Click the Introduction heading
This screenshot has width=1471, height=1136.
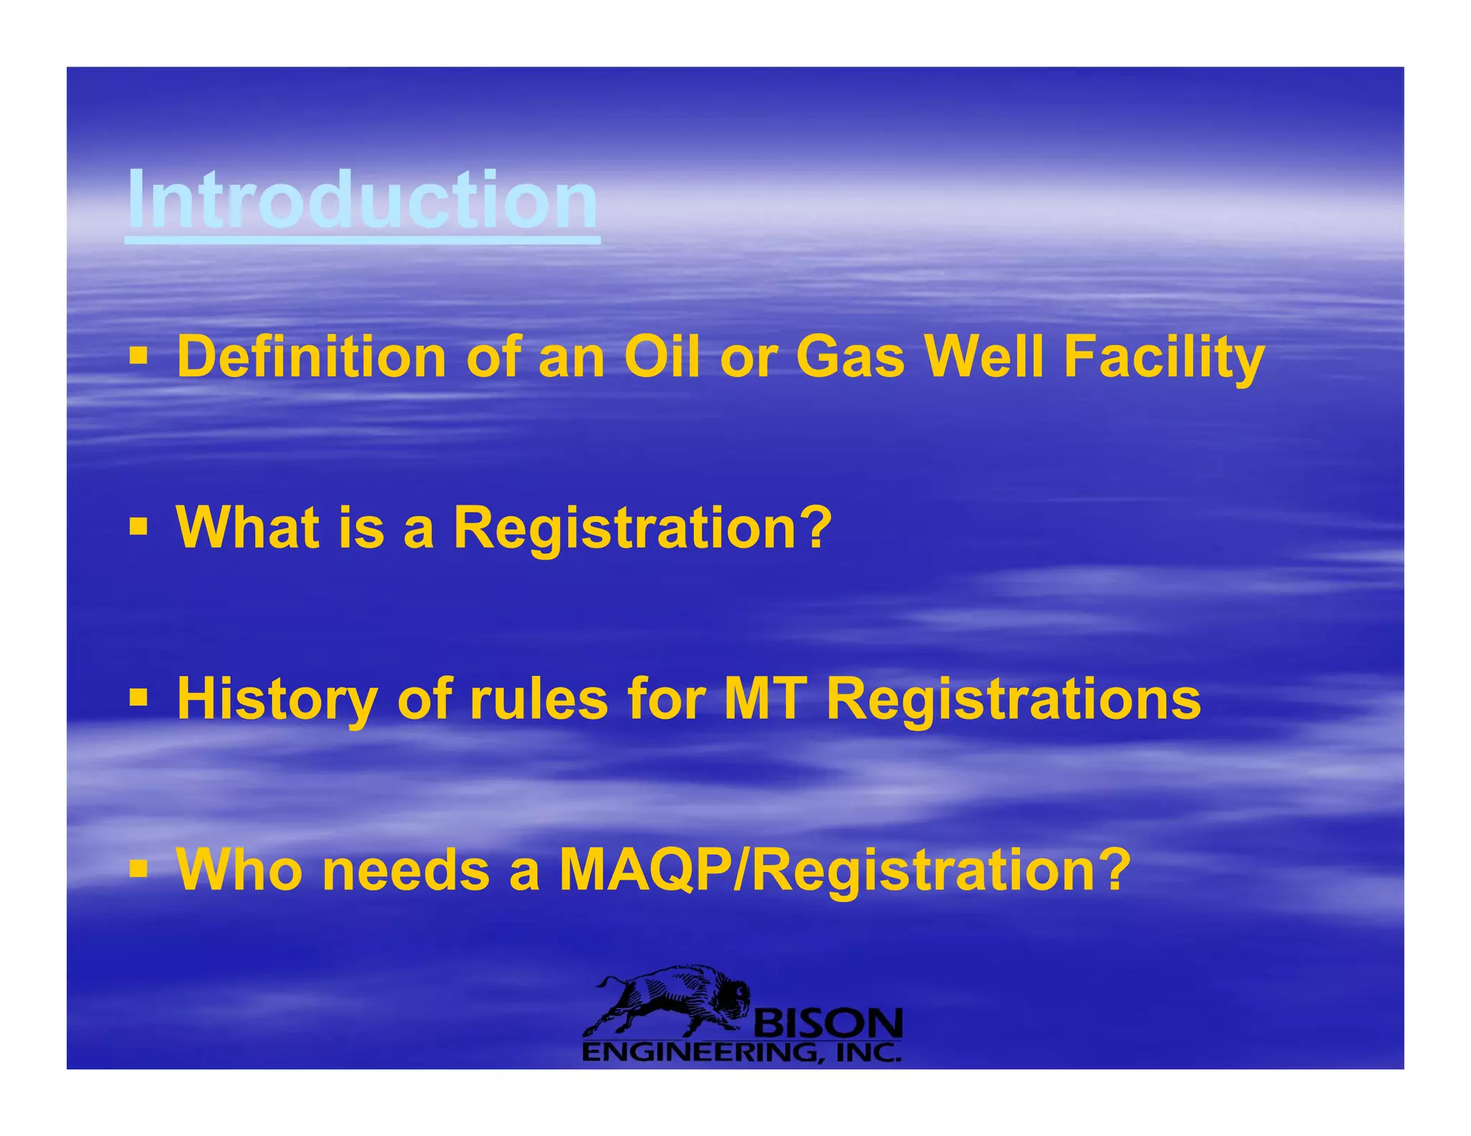pyautogui.click(x=363, y=201)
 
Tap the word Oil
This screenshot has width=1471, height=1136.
pyautogui.click(x=661, y=357)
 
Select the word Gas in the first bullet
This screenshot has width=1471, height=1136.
pyautogui.click(x=850, y=357)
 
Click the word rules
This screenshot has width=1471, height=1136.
pyautogui.click(x=539, y=699)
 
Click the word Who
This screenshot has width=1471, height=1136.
pyautogui.click(x=240, y=870)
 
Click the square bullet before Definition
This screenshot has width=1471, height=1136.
pyautogui.click(x=139, y=356)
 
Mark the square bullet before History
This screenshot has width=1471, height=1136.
pyautogui.click(x=139, y=697)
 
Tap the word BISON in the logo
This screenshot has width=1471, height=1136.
pyautogui.click(x=826, y=1023)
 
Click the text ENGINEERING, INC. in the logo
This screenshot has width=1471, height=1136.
pyautogui.click(x=741, y=1053)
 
